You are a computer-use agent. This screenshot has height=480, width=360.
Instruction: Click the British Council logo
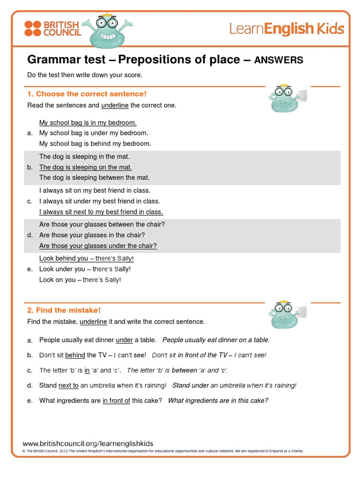(x=52, y=28)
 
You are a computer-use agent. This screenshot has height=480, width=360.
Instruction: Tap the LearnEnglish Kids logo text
(x=286, y=29)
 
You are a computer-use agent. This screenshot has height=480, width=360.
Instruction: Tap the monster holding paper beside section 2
(x=286, y=315)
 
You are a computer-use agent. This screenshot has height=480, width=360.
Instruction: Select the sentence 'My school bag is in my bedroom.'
(x=88, y=123)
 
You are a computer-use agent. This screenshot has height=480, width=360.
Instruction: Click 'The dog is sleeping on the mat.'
(x=85, y=167)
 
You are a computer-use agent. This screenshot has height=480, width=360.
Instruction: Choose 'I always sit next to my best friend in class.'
(x=101, y=212)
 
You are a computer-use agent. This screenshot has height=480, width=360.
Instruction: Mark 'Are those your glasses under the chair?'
(x=98, y=246)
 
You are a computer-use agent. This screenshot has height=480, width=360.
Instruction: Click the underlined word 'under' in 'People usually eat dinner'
(x=124, y=340)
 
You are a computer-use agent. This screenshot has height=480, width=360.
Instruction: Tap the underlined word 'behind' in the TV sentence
(x=75, y=355)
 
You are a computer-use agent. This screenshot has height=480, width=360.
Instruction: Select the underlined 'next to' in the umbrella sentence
(x=68, y=385)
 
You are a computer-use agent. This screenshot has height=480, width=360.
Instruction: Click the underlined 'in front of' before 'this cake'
(x=116, y=401)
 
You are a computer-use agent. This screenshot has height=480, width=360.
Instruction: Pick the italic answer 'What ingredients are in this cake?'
(x=218, y=401)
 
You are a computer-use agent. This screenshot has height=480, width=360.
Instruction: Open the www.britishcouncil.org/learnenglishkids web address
(x=88, y=443)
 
